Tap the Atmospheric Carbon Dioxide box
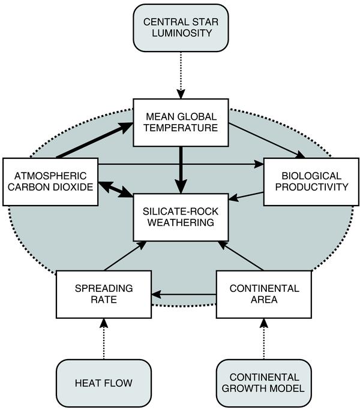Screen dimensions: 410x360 [x=50, y=182]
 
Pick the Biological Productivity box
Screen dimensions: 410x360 [x=310, y=182]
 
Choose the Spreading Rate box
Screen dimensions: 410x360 [x=103, y=294]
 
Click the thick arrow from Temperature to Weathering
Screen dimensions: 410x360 [x=180, y=170]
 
